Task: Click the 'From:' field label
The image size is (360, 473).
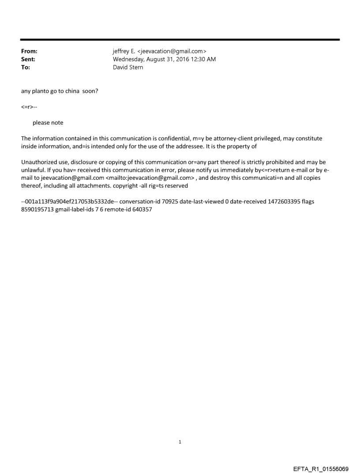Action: (29, 52)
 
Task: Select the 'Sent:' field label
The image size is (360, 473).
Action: (28, 60)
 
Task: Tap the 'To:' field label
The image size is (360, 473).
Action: (26, 67)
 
